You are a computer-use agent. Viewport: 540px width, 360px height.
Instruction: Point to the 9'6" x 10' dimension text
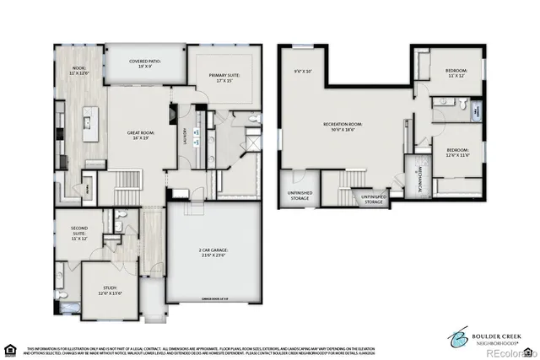pyautogui.click(x=302, y=71)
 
